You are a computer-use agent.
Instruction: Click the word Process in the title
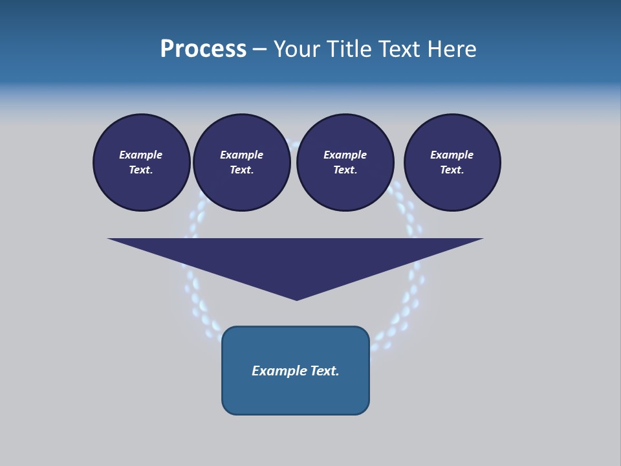click(203, 49)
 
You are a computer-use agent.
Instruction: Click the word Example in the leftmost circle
click(141, 155)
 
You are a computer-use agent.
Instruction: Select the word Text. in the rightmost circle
click(452, 170)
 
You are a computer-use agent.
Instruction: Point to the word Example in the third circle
click(345, 155)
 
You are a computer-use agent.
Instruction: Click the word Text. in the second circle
click(242, 170)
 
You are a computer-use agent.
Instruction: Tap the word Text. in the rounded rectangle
click(325, 371)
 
